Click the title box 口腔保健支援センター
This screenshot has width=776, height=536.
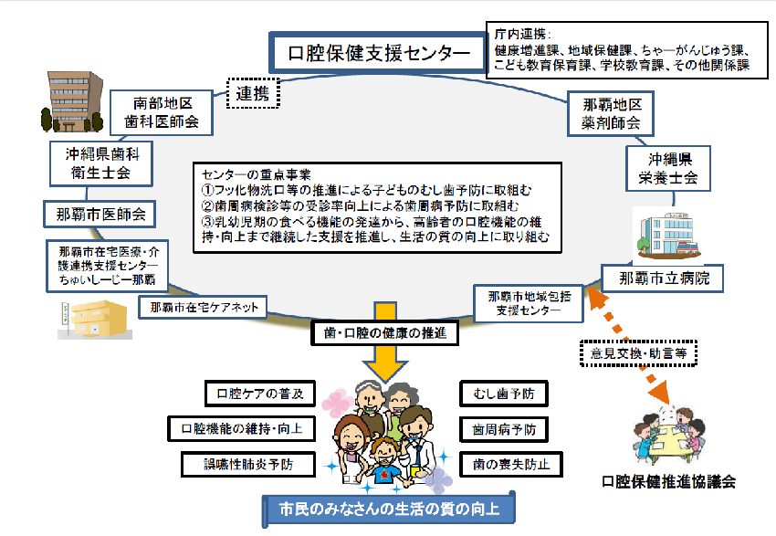point(374,52)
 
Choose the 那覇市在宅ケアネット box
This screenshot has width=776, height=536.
point(204,307)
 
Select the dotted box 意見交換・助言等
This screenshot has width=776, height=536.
point(639,350)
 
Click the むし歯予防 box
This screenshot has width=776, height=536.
point(504,394)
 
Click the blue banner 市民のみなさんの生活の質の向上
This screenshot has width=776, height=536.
point(388,507)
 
